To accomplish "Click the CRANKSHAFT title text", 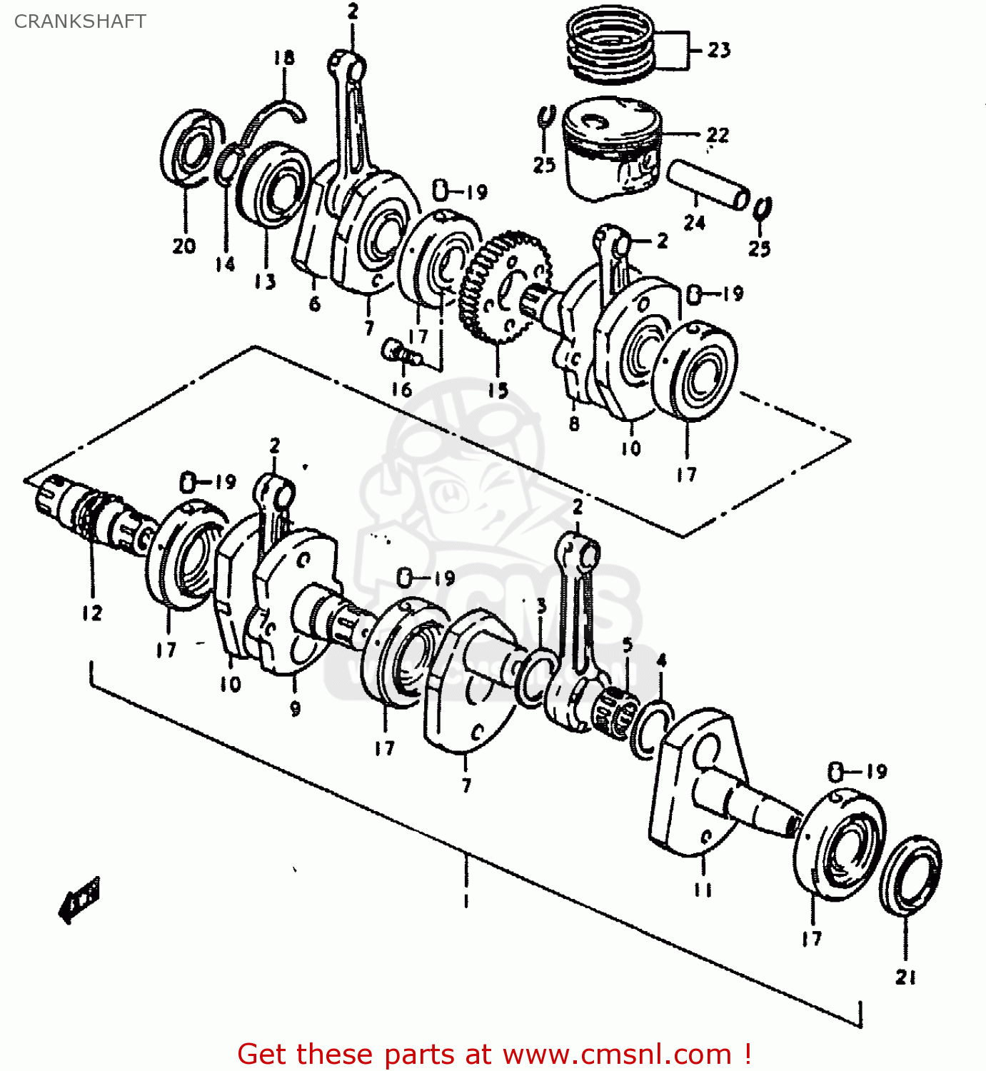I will [80, 21].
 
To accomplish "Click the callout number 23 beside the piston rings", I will [719, 50].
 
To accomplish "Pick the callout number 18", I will [283, 58].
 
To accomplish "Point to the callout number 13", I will [265, 282].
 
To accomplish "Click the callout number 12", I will [91, 613].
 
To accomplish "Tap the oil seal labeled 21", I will [910, 875].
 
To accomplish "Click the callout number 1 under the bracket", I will [466, 900].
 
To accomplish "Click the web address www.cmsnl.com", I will [618, 1054].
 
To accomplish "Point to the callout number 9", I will [295, 708].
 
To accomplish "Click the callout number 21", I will [905, 977].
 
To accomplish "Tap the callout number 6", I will [315, 303].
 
